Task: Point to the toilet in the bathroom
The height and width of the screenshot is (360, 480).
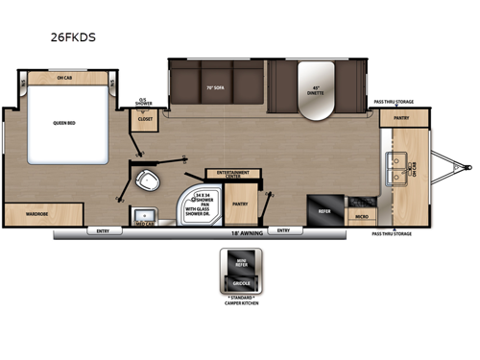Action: click(x=148, y=180)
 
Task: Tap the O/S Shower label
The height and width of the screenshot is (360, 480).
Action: click(x=145, y=102)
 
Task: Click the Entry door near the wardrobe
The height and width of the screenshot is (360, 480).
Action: click(x=99, y=230)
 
